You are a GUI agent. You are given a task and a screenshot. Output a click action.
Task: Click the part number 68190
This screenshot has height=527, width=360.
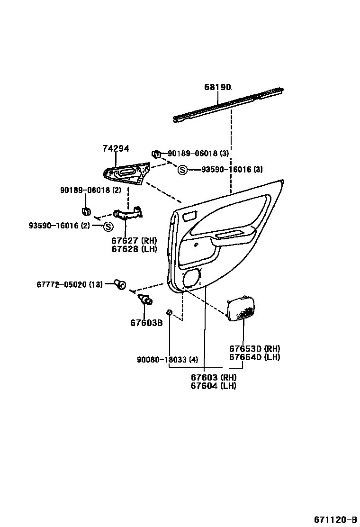[x=217, y=87]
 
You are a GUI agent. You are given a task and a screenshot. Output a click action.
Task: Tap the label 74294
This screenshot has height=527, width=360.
[x=116, y=148]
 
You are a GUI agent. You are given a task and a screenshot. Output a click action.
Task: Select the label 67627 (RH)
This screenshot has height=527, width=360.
[x=134, y=240]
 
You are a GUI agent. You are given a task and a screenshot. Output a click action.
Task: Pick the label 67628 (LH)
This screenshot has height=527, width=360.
[x=134, y=249]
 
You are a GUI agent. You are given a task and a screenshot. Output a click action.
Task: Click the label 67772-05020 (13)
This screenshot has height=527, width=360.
[x=69, y=284]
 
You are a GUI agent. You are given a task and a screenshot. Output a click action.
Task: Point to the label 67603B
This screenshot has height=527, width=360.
[x=146, y=323]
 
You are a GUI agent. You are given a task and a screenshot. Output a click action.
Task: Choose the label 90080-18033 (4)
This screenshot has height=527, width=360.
[x=167, y=360]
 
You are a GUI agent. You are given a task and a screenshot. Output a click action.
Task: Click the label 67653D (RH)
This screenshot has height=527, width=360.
[x=254, y=348]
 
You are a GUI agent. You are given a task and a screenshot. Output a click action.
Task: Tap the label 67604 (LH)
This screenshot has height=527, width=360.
[x=214, y=386]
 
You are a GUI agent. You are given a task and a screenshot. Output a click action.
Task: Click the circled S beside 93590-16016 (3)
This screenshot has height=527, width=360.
[x=182, y=169]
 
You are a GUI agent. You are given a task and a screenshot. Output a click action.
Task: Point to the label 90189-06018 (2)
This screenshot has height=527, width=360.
[x=90, y=190]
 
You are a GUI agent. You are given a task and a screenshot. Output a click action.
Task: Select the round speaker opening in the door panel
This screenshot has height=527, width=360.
[x=192, y=278]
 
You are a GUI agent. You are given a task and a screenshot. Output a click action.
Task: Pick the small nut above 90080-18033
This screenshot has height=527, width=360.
[x=169, y=312]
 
